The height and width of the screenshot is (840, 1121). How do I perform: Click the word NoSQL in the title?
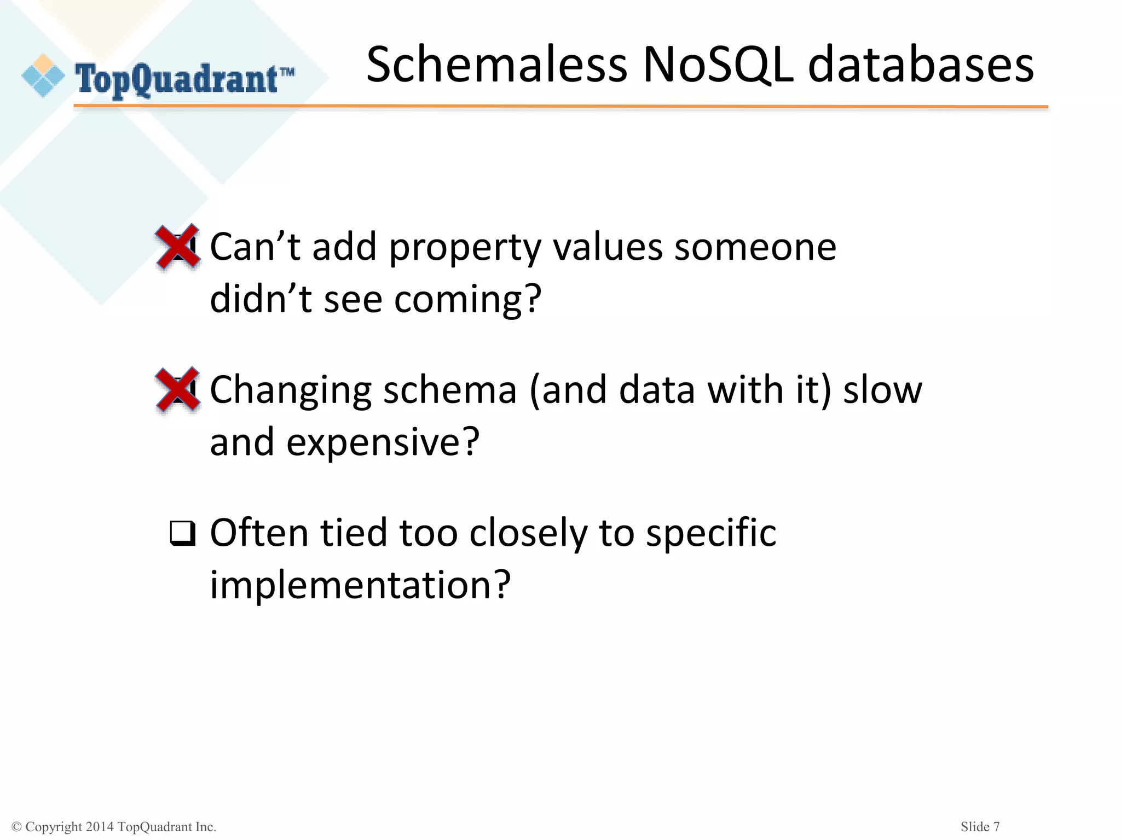coord(718,65)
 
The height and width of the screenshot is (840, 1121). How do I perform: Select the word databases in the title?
coord(921,65)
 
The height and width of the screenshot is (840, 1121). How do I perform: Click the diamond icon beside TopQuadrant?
coord(43,76)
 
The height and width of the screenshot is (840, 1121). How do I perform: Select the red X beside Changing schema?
coord(178,389)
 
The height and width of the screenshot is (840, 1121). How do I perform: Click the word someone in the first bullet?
coord(755,247)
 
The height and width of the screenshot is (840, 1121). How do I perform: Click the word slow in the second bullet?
coord(882,390)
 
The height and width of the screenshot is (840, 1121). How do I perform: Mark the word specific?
coord(711,534)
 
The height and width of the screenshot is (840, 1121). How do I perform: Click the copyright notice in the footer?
coord(114,827)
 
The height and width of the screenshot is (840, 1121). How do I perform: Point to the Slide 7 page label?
coord(980,827)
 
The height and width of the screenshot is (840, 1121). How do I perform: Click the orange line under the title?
coord(560,107)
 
